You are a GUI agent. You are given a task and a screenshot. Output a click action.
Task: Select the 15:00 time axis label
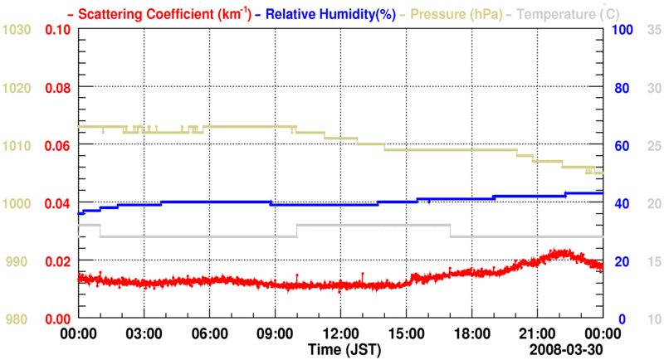click(406, 333)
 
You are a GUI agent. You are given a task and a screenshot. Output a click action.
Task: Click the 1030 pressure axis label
click(17, 30)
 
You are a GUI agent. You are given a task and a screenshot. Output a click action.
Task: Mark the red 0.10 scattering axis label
click(56, 30)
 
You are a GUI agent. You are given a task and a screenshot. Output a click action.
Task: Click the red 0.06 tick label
click(56, 145)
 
